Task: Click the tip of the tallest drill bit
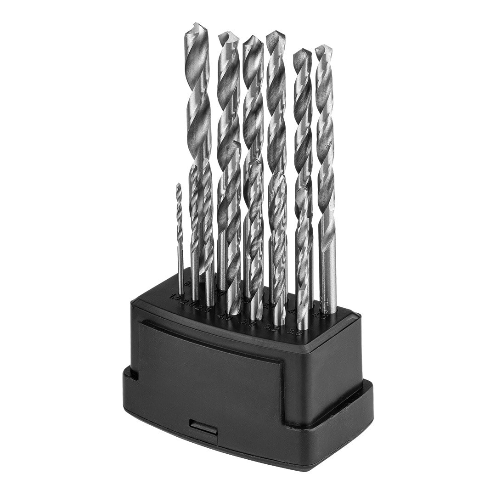195,24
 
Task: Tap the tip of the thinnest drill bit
179,185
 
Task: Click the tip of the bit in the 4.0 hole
236,143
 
